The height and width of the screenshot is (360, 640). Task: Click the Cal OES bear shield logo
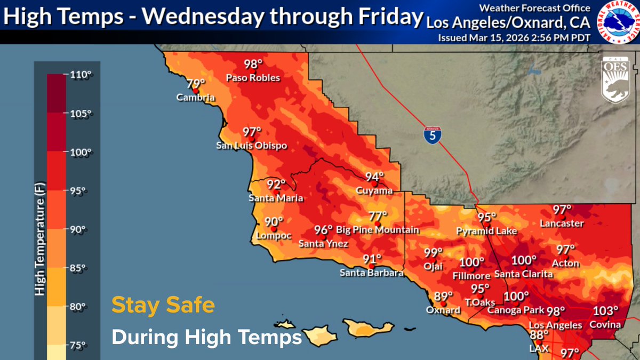pos(618,79)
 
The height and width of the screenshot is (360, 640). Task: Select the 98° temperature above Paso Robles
pos(253,65)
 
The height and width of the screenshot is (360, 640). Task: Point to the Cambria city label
pos(196,98)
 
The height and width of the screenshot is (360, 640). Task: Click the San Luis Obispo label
pos(251,145)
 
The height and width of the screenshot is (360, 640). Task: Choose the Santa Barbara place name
pos(372,273)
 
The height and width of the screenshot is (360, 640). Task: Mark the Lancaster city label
pos(562,223)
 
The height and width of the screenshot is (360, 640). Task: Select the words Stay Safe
pos(163,306)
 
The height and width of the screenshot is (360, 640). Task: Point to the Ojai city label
pos(434,267)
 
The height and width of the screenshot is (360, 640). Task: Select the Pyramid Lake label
pos(486,231)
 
